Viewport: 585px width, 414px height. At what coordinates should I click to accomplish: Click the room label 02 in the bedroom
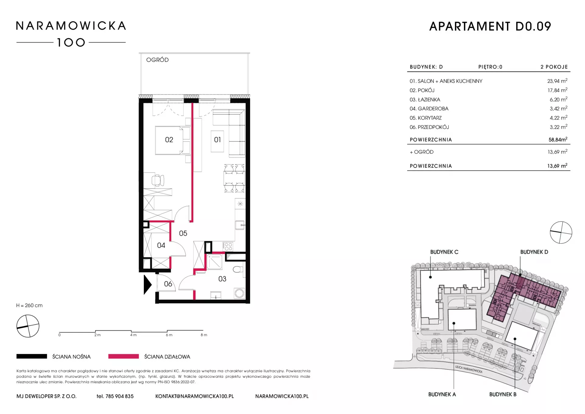point(169,140)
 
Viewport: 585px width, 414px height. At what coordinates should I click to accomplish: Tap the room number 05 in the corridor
point(183,233)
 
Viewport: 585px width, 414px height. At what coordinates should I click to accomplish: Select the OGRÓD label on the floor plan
point(158,60)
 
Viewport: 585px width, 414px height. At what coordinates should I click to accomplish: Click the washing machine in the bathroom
point(239,293)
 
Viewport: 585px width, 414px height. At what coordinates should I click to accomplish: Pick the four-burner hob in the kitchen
point(228,246)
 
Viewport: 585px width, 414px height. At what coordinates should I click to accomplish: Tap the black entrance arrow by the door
point(148,285)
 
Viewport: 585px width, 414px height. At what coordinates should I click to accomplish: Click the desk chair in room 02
point(158,180)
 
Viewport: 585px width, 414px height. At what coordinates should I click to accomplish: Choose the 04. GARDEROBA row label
point(429,109)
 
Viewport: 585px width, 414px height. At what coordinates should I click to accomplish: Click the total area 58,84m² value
point(558,139)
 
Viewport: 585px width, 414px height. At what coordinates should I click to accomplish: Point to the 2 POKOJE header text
point(554,67)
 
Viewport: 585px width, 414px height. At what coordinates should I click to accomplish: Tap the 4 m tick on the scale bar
point(131,331)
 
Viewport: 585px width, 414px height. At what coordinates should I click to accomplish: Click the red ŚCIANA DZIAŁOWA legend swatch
point(123,356)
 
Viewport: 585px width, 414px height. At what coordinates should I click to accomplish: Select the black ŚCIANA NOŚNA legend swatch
point(32,356)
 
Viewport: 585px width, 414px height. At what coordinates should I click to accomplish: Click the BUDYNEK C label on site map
point(444,252)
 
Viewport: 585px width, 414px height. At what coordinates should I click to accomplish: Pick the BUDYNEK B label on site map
point(503,394)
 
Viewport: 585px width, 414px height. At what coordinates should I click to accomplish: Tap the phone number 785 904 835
point(119,396)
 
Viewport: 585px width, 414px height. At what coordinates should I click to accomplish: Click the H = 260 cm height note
point(30,305)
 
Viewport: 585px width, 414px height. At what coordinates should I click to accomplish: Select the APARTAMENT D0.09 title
point(490,27)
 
